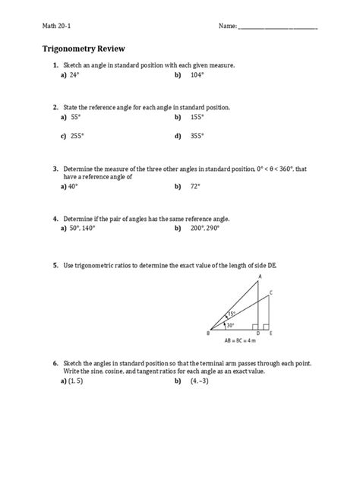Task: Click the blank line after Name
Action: [x=277, y=28]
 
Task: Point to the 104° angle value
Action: [x=197, y=76]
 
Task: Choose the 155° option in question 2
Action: [x=197, y=118]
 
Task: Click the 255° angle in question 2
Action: [x=76, y=136]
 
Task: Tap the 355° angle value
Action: [x=197, y=136]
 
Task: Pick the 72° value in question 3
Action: [x=197, y=186]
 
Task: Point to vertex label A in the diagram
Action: [x=260, y=276]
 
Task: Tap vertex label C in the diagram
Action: [x=271, y=292]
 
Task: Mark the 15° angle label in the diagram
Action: [x=232, y=314]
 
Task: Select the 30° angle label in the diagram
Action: [x=229, y=325]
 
